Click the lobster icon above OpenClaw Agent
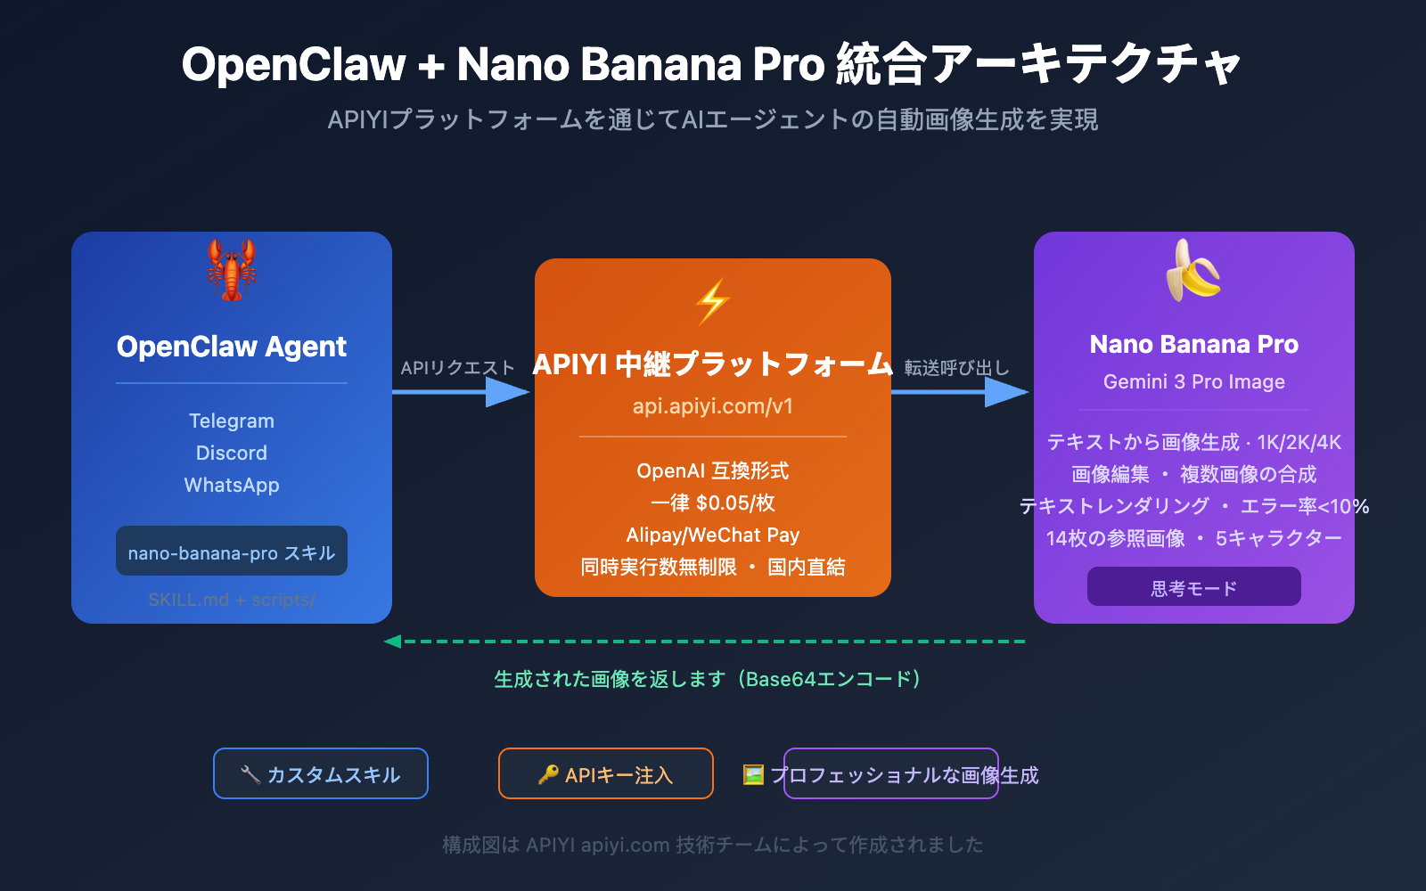tap(232, 269)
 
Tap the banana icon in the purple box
tap(1193, 270)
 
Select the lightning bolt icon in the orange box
tap(713, 301)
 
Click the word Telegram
tap(232, 421)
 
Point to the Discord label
tap(232, 453)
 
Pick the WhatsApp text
tap(232, 485)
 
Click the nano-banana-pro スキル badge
tap(232, 552)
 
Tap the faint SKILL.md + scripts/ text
tap(232, 600)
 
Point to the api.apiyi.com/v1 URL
tap(713, 406)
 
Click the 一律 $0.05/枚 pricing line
tap(713, 503)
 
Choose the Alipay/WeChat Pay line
tap(713, 535)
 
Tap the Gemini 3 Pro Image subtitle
tap(1193, 381)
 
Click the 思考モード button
tap(1193, 588)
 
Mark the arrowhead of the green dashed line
tap(392, 642)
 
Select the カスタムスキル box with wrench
tap(321, 774)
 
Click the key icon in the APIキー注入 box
tap(548, 774)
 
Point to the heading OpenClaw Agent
tap(232, 347)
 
